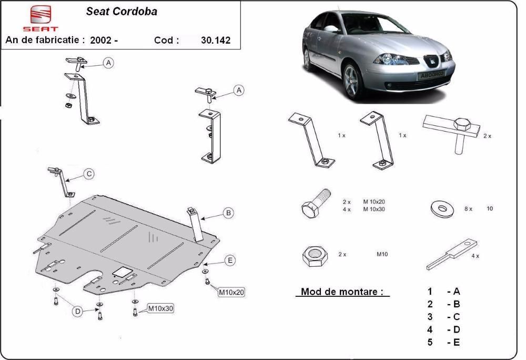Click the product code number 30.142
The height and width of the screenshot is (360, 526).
pos(216,40)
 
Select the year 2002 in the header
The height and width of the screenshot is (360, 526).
pos(100,40)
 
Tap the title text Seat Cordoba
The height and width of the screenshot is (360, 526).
pos(122,12)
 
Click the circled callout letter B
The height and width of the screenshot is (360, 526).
pos(228,213)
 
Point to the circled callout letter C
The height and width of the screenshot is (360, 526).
pos(89,174)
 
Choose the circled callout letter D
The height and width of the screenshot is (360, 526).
pos(77,312)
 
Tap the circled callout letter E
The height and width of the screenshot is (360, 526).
pos(230,261)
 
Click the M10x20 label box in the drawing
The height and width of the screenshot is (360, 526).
pos(231,292)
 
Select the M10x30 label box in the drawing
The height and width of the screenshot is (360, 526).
pos(160,308)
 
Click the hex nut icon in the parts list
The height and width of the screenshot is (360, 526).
pos(312,256)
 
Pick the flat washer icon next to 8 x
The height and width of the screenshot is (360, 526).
pos(442,209)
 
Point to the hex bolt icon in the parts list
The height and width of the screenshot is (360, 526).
pos(316,203)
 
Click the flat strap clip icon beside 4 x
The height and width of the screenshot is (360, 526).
pos(452,254)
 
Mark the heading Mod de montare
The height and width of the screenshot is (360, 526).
pos(342,292)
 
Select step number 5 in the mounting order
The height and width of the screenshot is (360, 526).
pos(430,342)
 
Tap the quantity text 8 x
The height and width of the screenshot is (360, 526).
pos(468,209)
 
